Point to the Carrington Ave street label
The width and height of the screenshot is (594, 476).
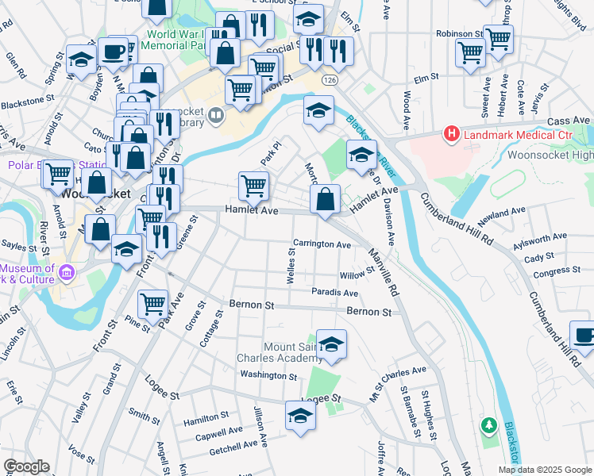point(322,245)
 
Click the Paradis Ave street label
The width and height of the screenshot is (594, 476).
point(334,293)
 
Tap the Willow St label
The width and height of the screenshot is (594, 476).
point(357,274)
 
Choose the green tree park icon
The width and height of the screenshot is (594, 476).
point(490,427)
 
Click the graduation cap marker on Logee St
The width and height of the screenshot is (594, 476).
point(300,416)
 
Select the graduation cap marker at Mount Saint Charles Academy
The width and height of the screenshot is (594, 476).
point(331,344)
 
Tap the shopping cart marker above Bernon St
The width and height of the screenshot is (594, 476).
point(152,303)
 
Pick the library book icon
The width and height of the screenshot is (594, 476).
point(215,117)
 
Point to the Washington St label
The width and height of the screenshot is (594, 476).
point(268,375)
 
